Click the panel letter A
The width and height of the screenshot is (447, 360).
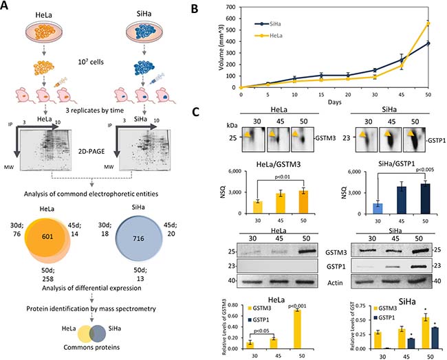pyautogui.click(x=7, y=8)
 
